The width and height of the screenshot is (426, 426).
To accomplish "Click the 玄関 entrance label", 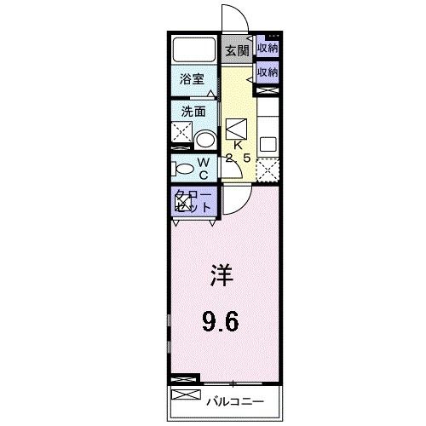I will tap(236, 51).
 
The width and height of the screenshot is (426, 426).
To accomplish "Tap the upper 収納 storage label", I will tap(268, 49).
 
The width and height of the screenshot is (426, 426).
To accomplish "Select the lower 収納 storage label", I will tap(268, 72).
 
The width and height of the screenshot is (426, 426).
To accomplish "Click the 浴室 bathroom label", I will tap(191, 79).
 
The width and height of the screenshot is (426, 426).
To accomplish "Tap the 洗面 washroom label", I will tap(191, 111).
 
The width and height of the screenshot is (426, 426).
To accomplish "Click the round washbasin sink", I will tap(204, 139).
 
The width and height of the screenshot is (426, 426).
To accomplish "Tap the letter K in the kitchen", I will tap(238, 146).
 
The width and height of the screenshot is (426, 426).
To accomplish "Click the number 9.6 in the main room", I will tap(220, 321).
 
